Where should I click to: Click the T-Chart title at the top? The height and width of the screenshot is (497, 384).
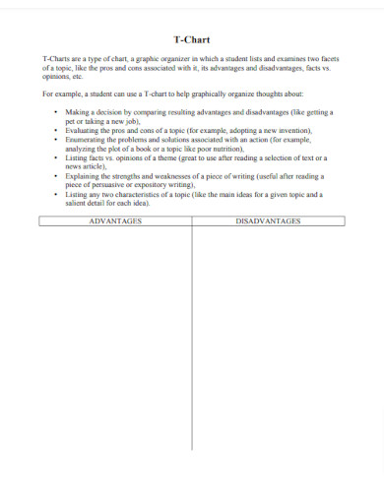(x=191, y=41)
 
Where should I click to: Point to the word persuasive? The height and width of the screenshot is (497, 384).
(x=108, y=184)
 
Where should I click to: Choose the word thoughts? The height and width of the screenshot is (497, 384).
(x=251, y=93)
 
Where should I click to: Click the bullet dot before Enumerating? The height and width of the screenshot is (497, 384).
(x=55, y=139)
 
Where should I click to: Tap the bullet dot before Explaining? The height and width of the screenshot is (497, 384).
(x=55, y=175)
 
